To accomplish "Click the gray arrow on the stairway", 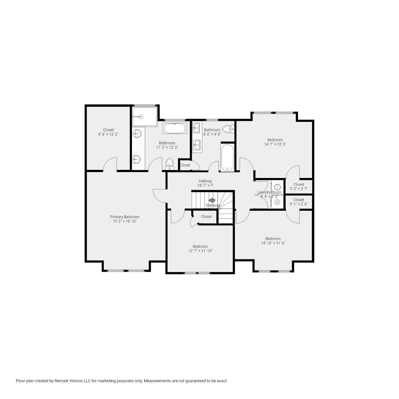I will point(212,200).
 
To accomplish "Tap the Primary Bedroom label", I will point(125,217).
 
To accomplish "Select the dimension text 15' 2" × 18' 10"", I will point(125,221).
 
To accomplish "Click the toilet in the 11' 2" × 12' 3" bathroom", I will point(169,163).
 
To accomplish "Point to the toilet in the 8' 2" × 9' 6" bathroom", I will point(230,129).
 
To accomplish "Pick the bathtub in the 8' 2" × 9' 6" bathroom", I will point(227,157).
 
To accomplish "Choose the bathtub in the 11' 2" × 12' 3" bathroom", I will point(175,128).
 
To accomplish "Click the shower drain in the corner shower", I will point(141,117).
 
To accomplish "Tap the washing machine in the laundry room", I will point(278,187).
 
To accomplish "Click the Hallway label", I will point(205,181).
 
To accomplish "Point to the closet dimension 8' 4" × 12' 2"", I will point(108,134).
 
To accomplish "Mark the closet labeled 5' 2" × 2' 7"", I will point(299,187).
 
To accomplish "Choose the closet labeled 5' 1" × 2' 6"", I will point(299,202).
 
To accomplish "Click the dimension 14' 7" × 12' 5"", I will point(275,144).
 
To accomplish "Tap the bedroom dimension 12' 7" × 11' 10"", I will point(200,251).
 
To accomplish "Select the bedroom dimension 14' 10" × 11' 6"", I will point(273,243).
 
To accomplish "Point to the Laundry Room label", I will point(269,192).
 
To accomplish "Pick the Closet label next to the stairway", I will point(206,217).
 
